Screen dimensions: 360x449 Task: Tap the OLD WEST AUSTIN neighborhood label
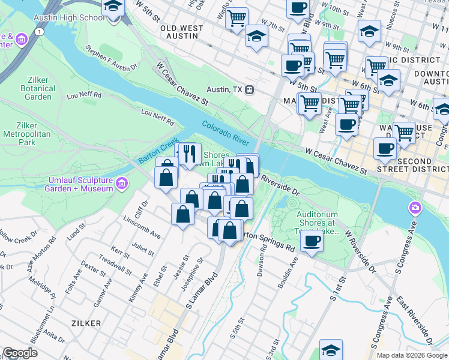click(x=178, y=32)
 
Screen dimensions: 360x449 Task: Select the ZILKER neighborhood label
click(x=85, y=323)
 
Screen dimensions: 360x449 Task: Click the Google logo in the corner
click(x=20, y=353)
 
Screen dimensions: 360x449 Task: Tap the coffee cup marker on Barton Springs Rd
click(x=311, y=241)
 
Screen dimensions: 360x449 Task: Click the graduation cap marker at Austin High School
click(x=112, y=8)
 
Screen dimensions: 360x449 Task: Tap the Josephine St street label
click(x=194, y=273)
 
